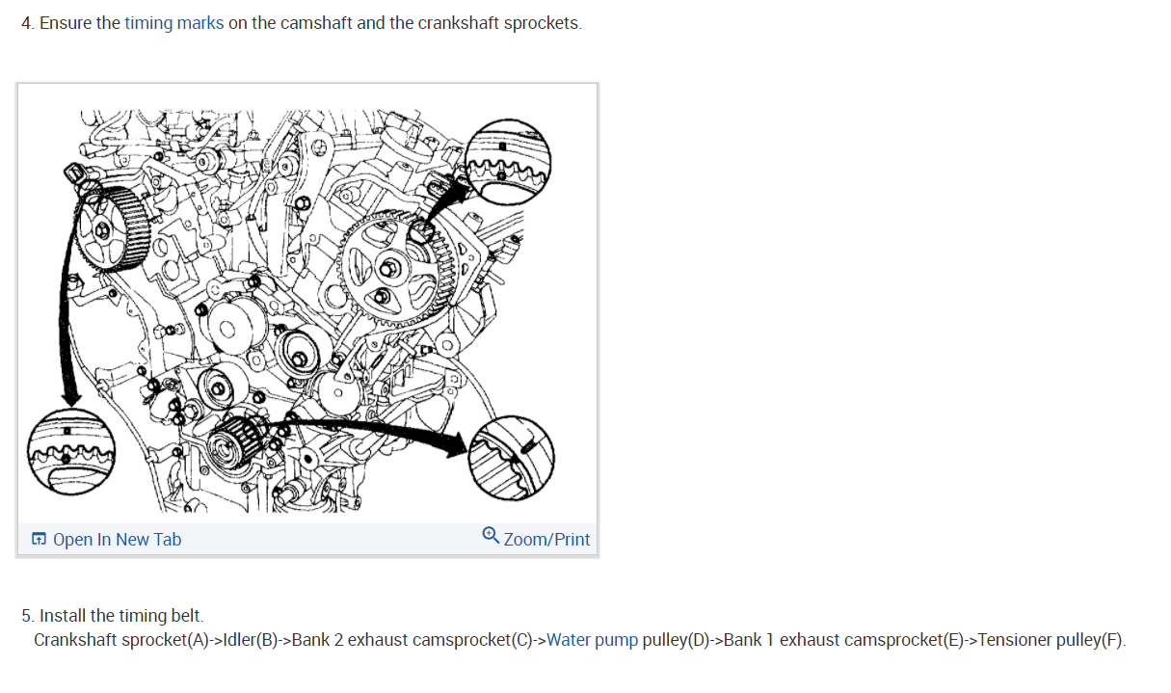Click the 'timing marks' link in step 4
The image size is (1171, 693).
173,23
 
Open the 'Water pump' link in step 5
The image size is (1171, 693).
592,640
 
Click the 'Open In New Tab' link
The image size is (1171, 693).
117,540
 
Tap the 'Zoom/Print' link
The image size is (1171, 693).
546,540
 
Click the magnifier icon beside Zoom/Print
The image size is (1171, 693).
491,536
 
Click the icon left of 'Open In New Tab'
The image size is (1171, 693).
39,540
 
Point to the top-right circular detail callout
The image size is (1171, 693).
507,161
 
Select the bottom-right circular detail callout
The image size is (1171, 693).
511,459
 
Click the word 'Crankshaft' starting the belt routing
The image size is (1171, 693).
76,640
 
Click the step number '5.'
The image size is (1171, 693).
28,616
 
